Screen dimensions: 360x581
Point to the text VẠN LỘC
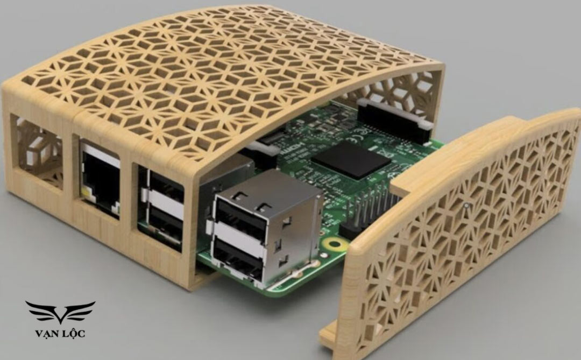pos(60,334)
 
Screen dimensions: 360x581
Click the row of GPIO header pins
pos(371,207)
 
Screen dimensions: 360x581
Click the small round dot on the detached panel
pos(466,205)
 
